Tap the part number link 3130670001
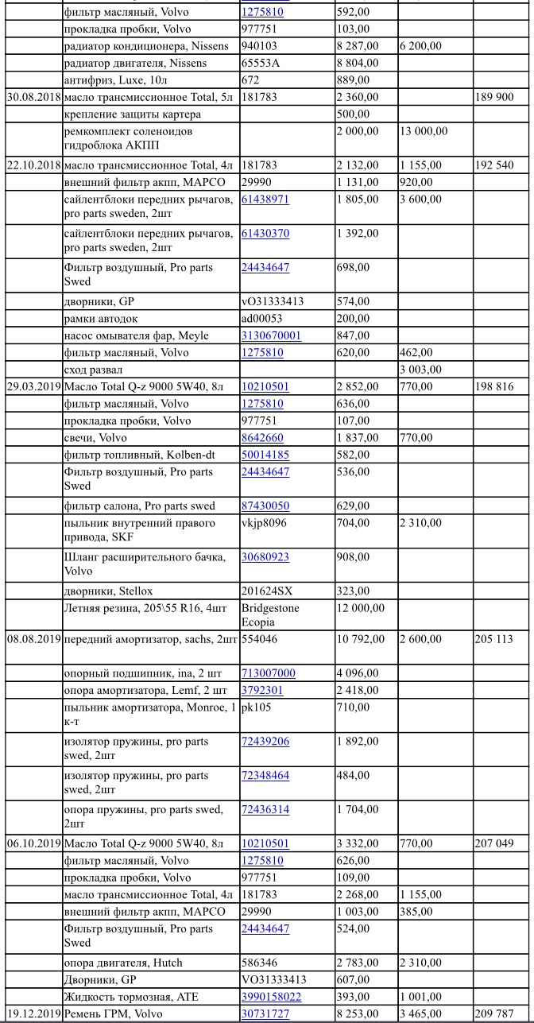click(271, 335)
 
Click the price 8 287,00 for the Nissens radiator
click(358, 46)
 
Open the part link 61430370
click(265, 234)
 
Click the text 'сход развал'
click(95, 370)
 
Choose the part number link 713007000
click(268, 673)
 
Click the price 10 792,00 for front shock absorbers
click(361, 639)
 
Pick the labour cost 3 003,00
click(422, 370)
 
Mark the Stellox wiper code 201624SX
click(266, 591)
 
